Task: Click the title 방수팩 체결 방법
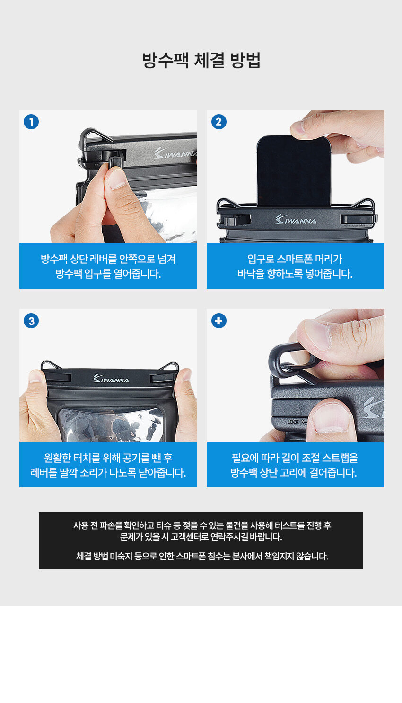[201, 60]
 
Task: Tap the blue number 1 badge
[31, 122]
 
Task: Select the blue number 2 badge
[218, 122]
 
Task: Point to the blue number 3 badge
[31, 321]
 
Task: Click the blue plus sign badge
[218, 321]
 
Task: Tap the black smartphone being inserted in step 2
[294, 171]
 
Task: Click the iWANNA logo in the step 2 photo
[296, 219]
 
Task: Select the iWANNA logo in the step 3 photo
[111, 379]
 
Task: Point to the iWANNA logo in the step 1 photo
[175, 153]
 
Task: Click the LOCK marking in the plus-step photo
[293, 422]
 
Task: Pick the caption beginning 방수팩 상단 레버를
[108, 266]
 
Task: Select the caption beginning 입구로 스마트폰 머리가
[295, 266]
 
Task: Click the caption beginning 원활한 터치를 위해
[108, 465]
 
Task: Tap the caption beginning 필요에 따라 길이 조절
[295, 465]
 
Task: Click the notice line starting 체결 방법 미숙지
[202, 556]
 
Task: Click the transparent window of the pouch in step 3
[110, 424]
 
